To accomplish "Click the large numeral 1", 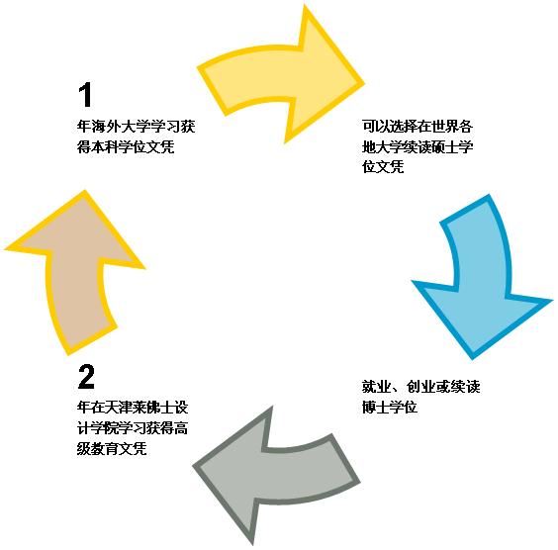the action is pyautogui.click(x=85, y=94).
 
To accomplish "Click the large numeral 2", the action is pyautogui.click(x=86, y=376).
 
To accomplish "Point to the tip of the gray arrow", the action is pyautogui.click(x=194, y=465).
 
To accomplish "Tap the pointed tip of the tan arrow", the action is pyautogui.click(x=85, y=191).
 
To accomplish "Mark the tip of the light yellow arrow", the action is pyautogui.click(x=364, y=84).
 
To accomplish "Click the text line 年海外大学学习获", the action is pyautogui.click(x=137, y=127).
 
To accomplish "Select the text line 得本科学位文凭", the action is pyautogui.click(x=126, y=146).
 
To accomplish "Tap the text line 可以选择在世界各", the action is pyautogui.click(x=418, y=127).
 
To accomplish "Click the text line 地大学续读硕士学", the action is pyautogui.click(x=418, y=146).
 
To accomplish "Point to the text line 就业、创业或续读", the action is pyautogui.click(x=421, y=387).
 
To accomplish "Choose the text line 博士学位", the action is pyautogui.click(x=390, y=407).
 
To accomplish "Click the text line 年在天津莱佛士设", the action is pyautogui.click(x=133, y=407).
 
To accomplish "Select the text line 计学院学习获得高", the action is pyautogui.click(x=133, y=427).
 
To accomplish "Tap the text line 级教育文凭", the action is pyautogui.click(x=112, y=448).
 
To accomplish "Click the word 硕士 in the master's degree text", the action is pyautogui.click(x=445, y=146).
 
